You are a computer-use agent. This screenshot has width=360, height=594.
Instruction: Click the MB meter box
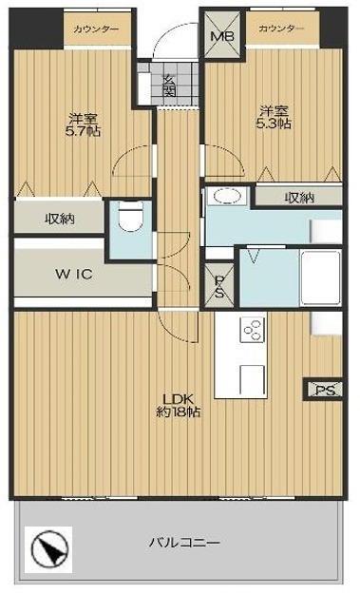[x=222, y=35]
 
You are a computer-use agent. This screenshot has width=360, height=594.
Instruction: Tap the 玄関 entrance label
[x=169, y=86]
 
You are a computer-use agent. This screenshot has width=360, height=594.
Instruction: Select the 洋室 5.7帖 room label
[x=83, y=125]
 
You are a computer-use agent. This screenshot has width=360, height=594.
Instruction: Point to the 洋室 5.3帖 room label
[x=274, y=118]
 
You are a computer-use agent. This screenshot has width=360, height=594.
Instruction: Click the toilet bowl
[x=130, y=215]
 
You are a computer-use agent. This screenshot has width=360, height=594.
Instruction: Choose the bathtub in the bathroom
[x=320, y=278]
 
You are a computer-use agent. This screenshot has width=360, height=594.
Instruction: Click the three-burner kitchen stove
[x=253, y=330]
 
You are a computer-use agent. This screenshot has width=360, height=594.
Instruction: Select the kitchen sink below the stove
[x=253, y=379]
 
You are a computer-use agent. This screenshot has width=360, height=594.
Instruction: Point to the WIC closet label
[x=74, y=274]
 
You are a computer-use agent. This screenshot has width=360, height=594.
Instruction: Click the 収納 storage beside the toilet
[x=60, y=219]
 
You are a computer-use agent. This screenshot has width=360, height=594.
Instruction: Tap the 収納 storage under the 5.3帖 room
[x=299, y=198]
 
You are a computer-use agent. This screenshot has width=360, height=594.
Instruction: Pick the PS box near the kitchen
[x=325, y=390]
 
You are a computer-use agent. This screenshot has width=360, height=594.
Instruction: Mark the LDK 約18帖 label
[x=179, y=405]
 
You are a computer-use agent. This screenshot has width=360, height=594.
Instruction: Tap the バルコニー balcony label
[x=184, y=544]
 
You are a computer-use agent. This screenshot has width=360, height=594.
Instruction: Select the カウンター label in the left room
[x=97, y=29]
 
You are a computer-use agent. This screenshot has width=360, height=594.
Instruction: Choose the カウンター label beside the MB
[x=281, y=29]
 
